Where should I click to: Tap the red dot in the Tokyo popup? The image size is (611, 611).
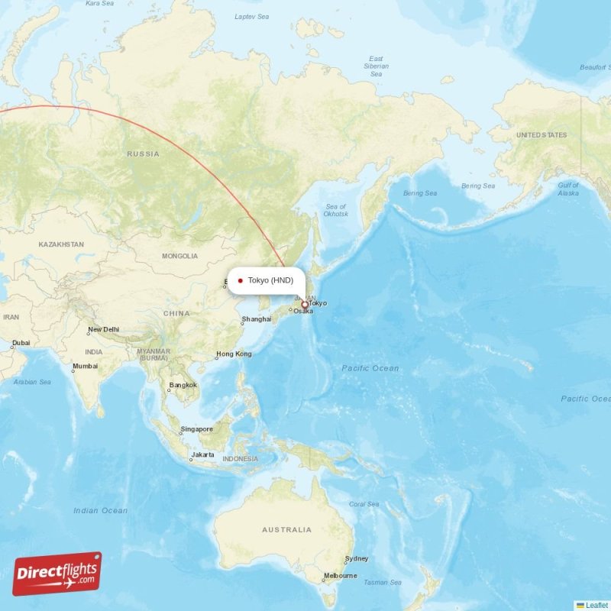(241, 280)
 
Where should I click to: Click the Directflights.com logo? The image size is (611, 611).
(57, 574)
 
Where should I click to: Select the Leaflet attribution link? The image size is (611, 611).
(596, 605)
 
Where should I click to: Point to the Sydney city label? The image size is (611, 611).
(357, 558)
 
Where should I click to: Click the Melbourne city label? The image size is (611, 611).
(340, 575)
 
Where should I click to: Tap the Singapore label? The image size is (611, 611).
(196, 429)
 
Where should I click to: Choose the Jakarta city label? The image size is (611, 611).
(202, 454)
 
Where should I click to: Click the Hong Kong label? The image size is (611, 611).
(234, 354)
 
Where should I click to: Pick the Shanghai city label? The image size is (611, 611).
(257, 319)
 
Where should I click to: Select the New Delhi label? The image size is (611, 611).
(104, 330)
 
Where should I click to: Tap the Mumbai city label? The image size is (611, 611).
(85, 366)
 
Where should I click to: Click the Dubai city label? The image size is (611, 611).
(21, 343)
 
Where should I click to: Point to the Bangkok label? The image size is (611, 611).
(183, 385)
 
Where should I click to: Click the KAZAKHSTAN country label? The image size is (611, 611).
(61, 244)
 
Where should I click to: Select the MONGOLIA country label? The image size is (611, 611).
(179, 256)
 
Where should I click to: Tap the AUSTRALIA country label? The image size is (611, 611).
(286, 529)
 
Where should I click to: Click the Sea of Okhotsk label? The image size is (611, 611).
(336, 210)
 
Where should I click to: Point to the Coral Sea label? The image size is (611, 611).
(363, 504)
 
